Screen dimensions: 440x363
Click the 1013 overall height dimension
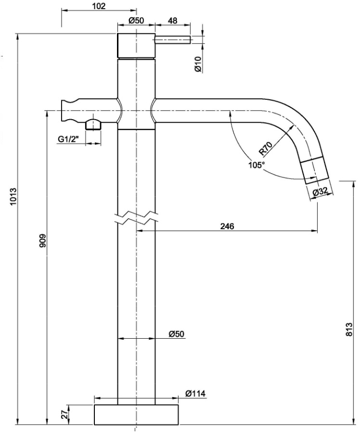13,198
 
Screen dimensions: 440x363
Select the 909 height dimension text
42,242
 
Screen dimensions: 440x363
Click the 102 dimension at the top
98,6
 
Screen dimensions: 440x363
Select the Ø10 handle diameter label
197,64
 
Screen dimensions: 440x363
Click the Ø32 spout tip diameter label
320,192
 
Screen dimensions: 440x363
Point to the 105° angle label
257,165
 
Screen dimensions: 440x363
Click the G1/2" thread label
68,139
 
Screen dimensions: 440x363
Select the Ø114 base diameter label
195,394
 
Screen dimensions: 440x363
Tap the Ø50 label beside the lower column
177,333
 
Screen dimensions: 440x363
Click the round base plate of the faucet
136,415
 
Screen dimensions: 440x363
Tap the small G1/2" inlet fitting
93,124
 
